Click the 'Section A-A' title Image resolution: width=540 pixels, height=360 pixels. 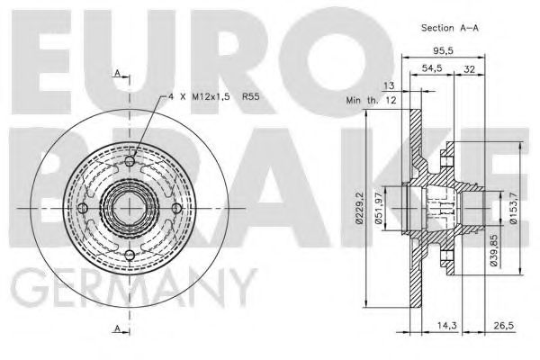450,28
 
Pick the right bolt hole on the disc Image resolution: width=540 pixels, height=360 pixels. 177,209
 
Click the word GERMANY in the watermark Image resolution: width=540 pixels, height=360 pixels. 130,290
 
